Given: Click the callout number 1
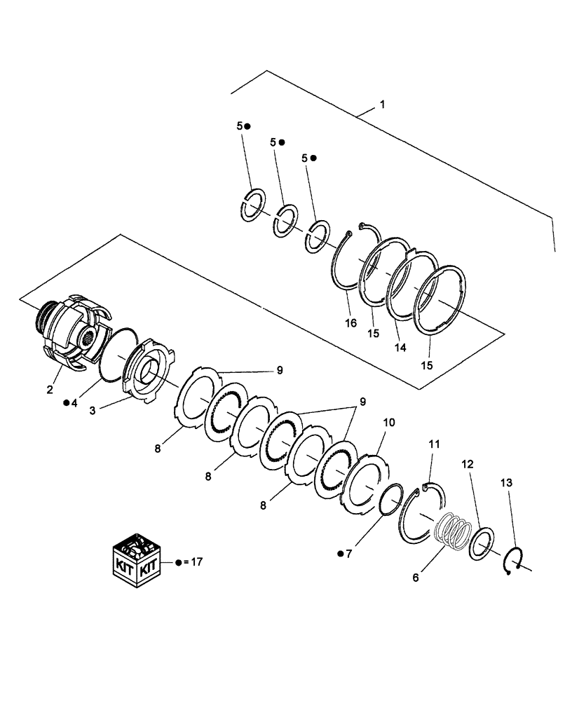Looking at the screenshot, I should coord(382,104).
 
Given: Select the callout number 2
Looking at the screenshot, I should coord(50,390).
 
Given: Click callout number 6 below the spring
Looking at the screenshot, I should coord(416,578).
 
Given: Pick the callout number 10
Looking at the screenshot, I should coord(389,423).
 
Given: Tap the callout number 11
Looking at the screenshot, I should coord(435,444).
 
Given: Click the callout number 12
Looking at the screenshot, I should coord(468,464).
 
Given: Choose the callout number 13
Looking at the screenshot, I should coord(507,482).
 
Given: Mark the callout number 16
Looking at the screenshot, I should coord(350,323).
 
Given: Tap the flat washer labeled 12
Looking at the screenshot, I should coord(484,544).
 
